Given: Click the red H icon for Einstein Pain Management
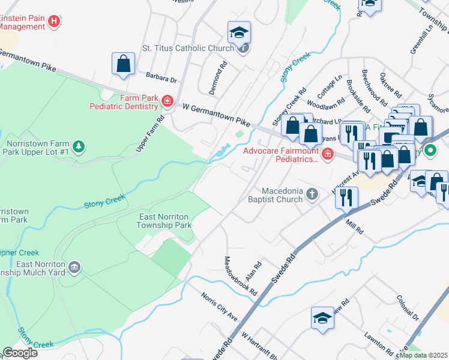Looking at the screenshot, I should point(55,22).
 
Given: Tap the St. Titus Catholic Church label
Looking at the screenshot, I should point(187,48).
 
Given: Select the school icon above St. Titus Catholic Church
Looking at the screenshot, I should point(239,32).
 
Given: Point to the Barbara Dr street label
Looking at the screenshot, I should point(161,79).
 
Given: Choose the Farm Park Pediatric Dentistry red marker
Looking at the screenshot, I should point(167,103).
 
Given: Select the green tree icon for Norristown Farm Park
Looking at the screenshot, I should point(78,146).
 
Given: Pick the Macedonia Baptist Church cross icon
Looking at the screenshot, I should point(311,194).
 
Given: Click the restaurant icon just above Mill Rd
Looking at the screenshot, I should point(346,199).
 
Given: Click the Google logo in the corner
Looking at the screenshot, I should point(20,353).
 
